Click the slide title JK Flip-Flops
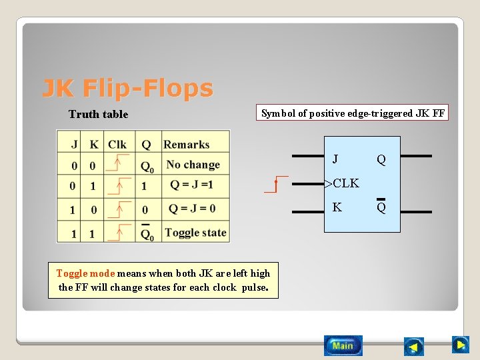click(127, 88)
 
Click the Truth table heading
click(98, 114)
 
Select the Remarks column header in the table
click(186, 145)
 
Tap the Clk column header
click(117, 145)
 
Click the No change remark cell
click(193, 165)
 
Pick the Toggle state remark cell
click(195, 233)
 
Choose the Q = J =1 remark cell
click(191, 185)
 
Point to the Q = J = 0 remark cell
click(192, 209)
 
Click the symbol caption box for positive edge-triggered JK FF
click(353, 113)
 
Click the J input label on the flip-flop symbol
click(335, 159)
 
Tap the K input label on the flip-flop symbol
click(337, 207)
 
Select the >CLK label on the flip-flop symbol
click(341, 183)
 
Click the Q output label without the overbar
click(381, 160)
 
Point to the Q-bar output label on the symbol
click(381, 207)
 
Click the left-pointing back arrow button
click(414, 347)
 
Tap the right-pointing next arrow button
click(460, 345)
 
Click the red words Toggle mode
click(85, 273)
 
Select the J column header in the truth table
click(74, 145)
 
